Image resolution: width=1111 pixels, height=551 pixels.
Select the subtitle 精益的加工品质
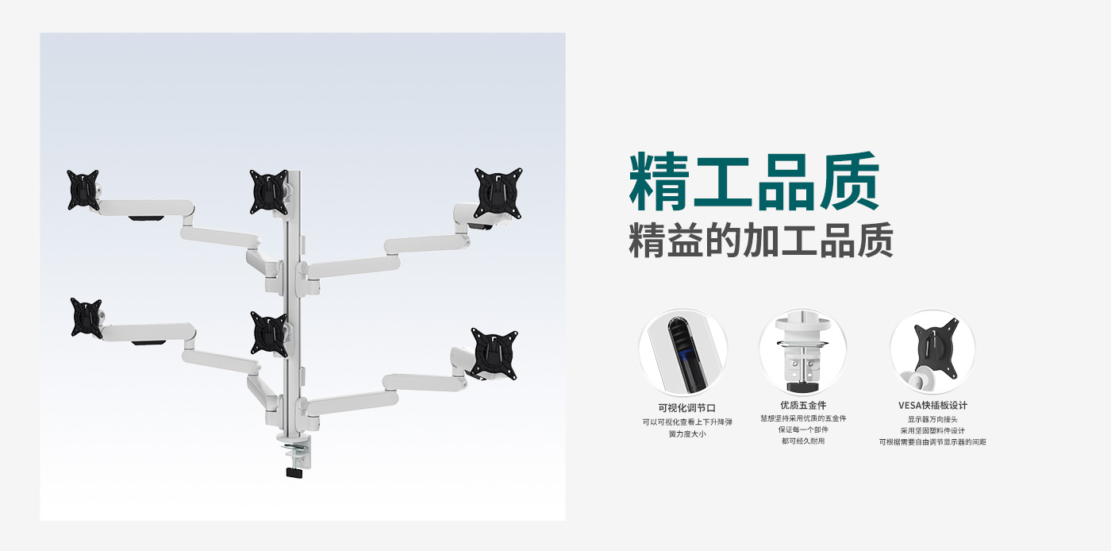pos(760,240)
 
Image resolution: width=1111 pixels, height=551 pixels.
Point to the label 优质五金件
pos(803,406)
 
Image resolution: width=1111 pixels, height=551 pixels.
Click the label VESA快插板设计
pos(932,406)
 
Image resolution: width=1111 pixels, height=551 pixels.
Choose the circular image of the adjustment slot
pos(683,353)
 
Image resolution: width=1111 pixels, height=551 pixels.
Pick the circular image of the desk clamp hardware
pos(802,353)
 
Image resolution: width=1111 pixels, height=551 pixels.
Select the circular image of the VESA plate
pos(932,353)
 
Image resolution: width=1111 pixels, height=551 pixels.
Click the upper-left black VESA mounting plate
pos(83,190)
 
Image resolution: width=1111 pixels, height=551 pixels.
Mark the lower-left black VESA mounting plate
pos(86,318)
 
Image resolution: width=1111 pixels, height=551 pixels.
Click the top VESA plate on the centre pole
pos(270,191)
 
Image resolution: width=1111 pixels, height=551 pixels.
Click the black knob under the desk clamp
pos(294,472)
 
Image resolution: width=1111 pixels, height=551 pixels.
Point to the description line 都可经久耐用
pos(803,441)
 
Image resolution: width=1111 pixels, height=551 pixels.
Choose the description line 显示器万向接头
pos(932,419)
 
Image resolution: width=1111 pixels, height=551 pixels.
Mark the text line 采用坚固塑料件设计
pos(932,430)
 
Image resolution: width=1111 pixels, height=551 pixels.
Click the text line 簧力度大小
pos(686,434)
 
